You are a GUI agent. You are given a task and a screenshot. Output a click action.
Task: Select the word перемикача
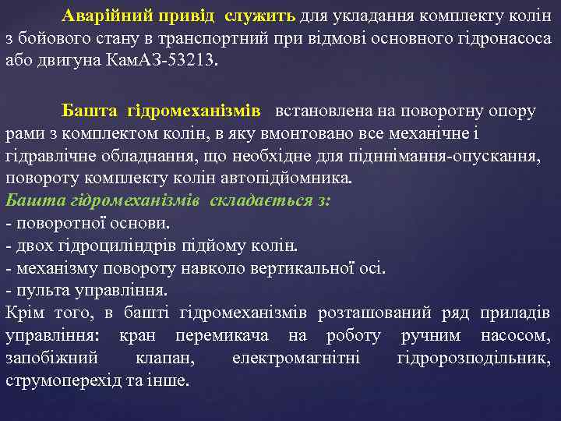222,336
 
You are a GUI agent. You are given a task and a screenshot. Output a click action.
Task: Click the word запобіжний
51,359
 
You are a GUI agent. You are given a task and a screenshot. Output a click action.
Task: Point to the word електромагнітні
295,359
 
